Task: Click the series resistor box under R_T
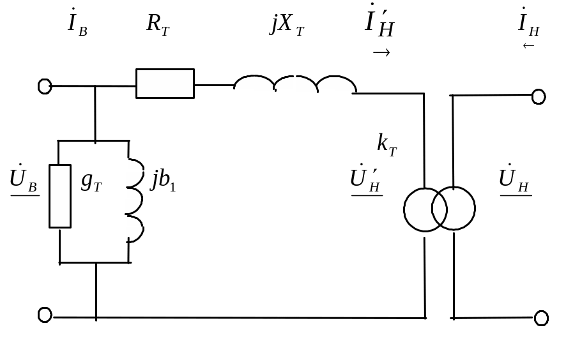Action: tap(165, 84)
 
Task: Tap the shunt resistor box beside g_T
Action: tap(59, 195)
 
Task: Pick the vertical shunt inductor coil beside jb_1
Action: tap(135, 201)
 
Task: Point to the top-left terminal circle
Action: tap(45, 86)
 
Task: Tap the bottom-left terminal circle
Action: tap(45, 314)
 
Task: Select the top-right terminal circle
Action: tap(539, 96)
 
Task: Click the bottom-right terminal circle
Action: tap(541, 318)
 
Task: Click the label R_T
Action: tap(158, 24)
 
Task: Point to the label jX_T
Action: tap(287, 25)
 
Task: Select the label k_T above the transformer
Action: tap(387, 144)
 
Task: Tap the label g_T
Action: tap(91, 182)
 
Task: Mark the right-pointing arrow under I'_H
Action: tap(381, 53)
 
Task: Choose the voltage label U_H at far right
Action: tap(515, 179)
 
